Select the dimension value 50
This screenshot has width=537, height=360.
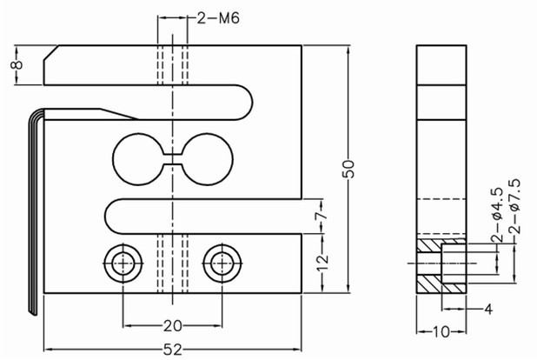point(349,168)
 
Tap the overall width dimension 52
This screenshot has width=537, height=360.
point(172,349)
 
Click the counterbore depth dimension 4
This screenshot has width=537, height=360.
point(488,308)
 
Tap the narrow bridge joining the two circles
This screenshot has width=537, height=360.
point(173,158)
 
